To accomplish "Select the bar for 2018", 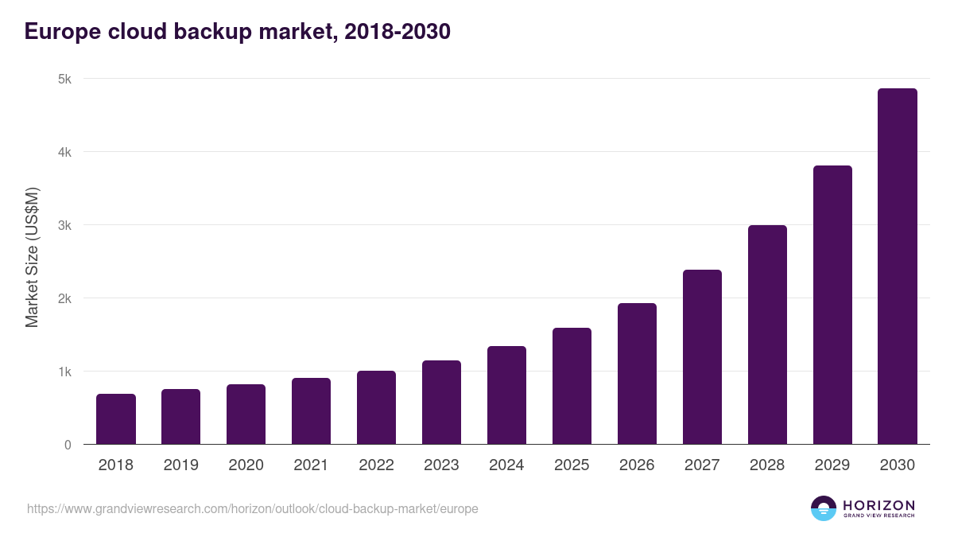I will [x=116, y=419].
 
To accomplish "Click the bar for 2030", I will [x=898, y=267].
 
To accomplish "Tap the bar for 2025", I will [x=572, y=386].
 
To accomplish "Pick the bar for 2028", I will [x=767, y=335].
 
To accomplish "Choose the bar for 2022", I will [x=376, y=407].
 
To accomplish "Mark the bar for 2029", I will [x=832, y=305].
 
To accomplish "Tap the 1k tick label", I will [x=64, y=372].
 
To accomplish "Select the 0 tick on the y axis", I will [x=68, y=445].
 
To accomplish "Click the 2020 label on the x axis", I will [x=246, y=465].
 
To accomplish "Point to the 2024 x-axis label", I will [x=506, y=465].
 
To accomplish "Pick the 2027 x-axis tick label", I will [x=702, y=465].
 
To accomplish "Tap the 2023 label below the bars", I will [x=441, y=465].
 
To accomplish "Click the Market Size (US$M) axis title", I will [x=32, y=257].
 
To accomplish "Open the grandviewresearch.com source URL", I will [x=253, y=508].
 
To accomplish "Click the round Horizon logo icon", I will [x=824, y=508].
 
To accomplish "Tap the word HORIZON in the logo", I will [x=878, y=504].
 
